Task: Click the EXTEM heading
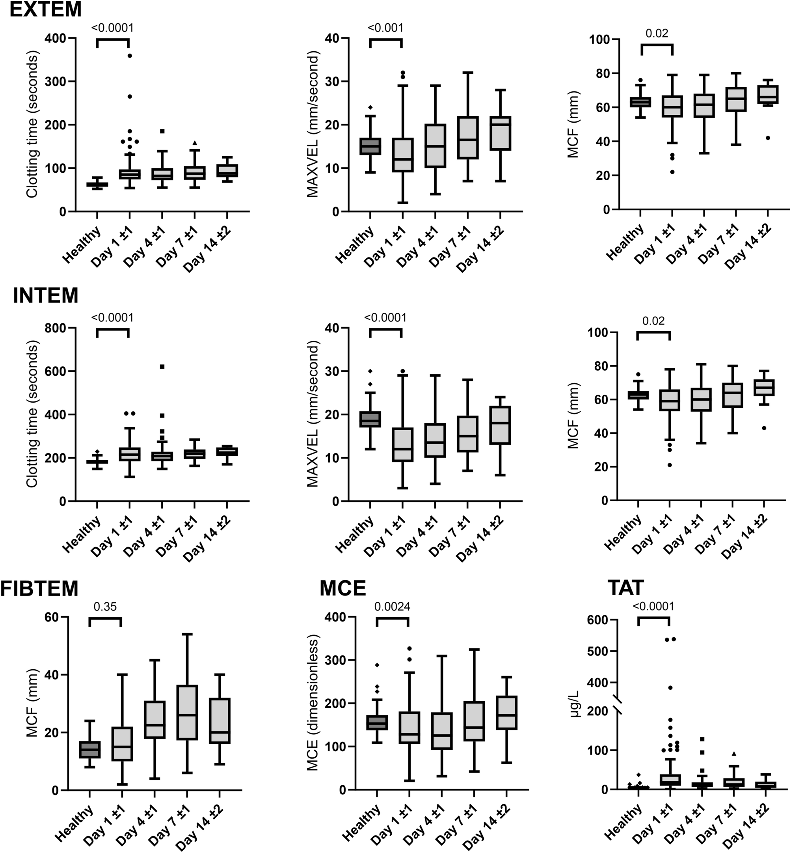point(45,9)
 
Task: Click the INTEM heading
point(45,295)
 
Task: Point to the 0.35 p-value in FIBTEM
point(105,607)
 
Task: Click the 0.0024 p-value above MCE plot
point(392,607)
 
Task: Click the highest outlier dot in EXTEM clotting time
point(130,56)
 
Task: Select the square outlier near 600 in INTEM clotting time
point(162,366)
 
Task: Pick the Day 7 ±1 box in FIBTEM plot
point(187,712)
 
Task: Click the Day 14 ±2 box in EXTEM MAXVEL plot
point(501,133)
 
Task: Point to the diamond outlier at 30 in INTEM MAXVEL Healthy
point(370,371)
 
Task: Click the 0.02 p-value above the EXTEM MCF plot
point(657,34)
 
